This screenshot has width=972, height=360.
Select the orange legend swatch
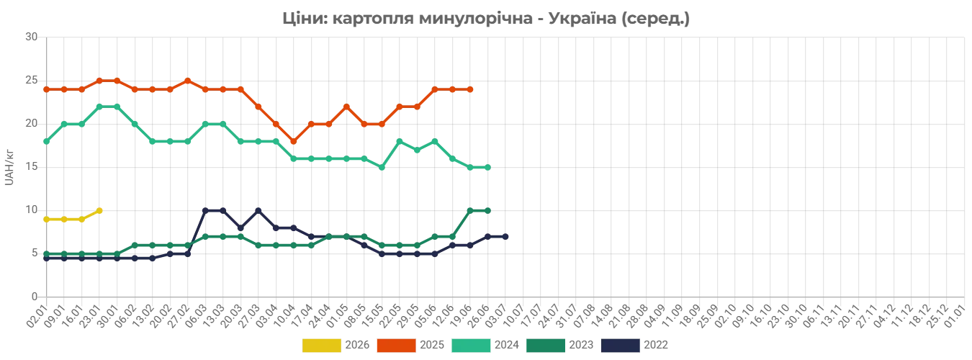click(x=395, y=346)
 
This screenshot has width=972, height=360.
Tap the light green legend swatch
click(x=471, y=346)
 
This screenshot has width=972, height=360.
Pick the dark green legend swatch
click(x=546, y=346)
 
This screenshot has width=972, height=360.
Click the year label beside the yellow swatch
click(x=356, y=346)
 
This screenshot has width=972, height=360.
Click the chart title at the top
click(x=486, y=19)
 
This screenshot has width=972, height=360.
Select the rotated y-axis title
click(x=9, y=166)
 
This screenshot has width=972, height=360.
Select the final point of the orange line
click(x=472, y=89)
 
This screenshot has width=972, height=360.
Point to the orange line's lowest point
click(x=293, y=141)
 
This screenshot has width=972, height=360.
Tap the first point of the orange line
click(x=45, y=89)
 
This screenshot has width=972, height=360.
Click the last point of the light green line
click(x=490, y=167)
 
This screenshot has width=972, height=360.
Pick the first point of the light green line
click(x=45, y=144)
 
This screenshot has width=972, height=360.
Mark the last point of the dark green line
click(x=490, y=210)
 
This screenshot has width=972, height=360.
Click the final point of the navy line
click(x=508, y=236)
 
